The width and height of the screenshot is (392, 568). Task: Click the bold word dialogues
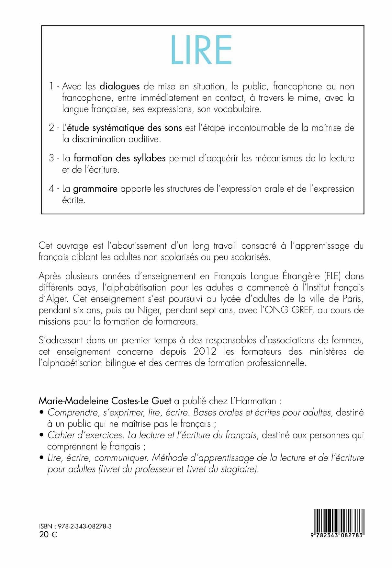pyautogui.click(x=119, y=87)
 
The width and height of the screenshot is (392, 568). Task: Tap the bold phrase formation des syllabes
pyautogui.click(x=120, y=158)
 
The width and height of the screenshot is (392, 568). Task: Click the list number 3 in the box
pyautogui.click(x=51, y=158)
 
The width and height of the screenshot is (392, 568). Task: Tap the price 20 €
pyautogui.click(x=48, y=535)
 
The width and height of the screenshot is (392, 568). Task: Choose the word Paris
pyautogui.click(x=353, y=299)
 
